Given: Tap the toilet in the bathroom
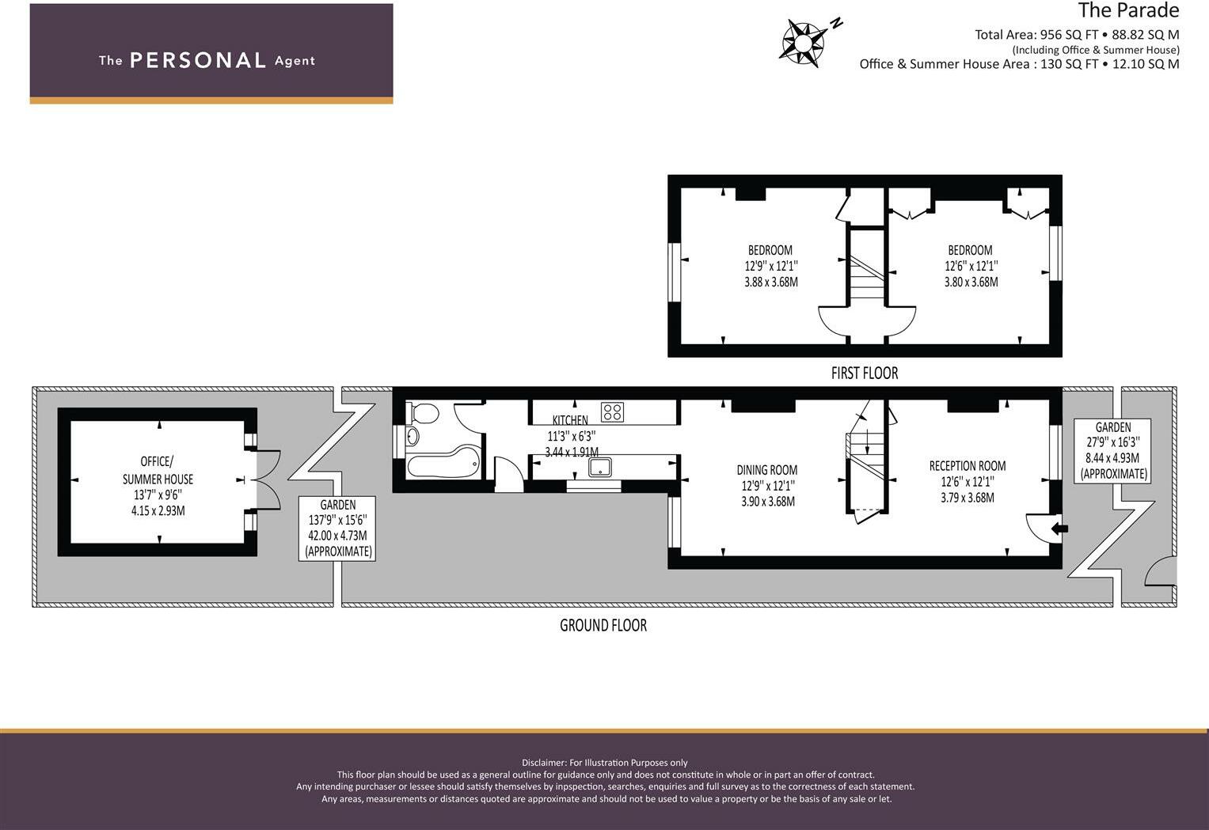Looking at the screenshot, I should (425, 413).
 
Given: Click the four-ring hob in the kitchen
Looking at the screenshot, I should (612, 411).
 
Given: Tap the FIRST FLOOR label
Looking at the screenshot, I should (864, 373).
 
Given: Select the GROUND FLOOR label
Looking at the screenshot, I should (603, 625).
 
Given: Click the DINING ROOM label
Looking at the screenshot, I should (766, 470).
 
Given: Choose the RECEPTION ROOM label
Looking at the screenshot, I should (967, 466).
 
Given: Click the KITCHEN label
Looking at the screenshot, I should (570, 420).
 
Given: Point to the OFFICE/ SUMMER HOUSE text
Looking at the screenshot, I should (157, 470).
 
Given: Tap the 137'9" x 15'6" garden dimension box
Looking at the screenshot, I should (337, 528).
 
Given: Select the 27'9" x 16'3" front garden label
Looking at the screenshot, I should (1113, 450).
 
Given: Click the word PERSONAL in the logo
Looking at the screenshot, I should (197, 60).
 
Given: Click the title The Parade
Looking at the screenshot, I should (1128, 11).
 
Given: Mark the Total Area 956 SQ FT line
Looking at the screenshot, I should (1077, 34).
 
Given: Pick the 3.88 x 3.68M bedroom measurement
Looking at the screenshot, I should (770, 282).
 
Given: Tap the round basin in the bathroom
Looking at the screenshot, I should (412, 436).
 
